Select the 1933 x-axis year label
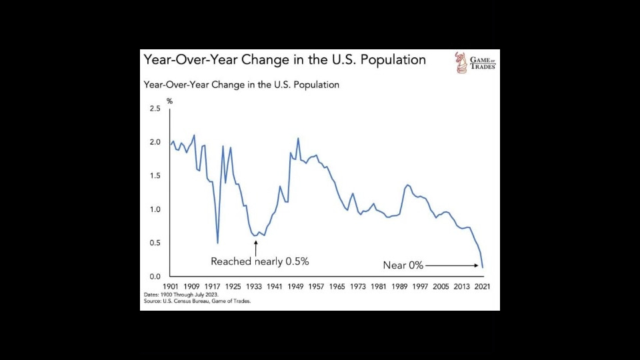pyautogui.click(x=254, y=286)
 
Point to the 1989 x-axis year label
pyautogui.click(x=399, y=286)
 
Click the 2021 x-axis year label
pyautogui.click(x=482, y=286)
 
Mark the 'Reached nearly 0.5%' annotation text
pyautogui.click(x=259, y=261)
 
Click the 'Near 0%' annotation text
pyautogui.click(x=403, y=265)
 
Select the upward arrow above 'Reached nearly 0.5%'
pyautogui.click(x=255, y=247)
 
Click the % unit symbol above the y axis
pyautogui.click(x=169, y=101)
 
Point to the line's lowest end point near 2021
pyautogui.click(x=483, y=267)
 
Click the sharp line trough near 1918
pyautogui.click(x=217, y=243)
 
